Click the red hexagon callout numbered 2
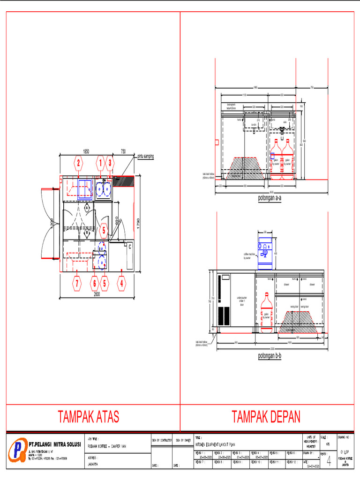pos(79,163)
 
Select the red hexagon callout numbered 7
pos(76,283)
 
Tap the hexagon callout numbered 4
pos(122,283)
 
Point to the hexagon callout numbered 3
pos(110,163)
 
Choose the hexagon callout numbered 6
pos(94,283)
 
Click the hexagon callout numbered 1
pos(100,163)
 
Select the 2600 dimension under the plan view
pos(97,294)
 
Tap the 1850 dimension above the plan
pos(86,151)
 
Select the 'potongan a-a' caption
pos(270,198)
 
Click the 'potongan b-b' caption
pos(270,356)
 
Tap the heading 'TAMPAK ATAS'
pos(88,416)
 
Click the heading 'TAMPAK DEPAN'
pos(266,416)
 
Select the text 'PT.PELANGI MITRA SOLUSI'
pos(54,443)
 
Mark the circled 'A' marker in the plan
pos(87,207)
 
